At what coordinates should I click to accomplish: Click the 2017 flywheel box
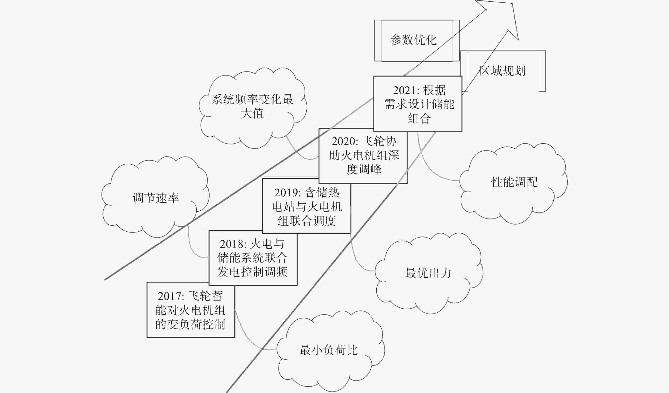coord(191,310)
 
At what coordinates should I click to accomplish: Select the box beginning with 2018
coord(253,258)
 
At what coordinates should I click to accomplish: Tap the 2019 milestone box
coord(307,206)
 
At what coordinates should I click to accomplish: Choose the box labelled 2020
coord(363,156)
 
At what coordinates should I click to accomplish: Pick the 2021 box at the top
coord(418,104)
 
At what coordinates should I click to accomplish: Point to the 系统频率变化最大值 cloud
coord(253,107)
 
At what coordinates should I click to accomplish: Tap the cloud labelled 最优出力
coord(429,273)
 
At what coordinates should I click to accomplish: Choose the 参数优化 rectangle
coord(417,41)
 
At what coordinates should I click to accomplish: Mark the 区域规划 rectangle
coord(503,71)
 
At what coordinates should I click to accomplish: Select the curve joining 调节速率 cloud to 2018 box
coord(192,247)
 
